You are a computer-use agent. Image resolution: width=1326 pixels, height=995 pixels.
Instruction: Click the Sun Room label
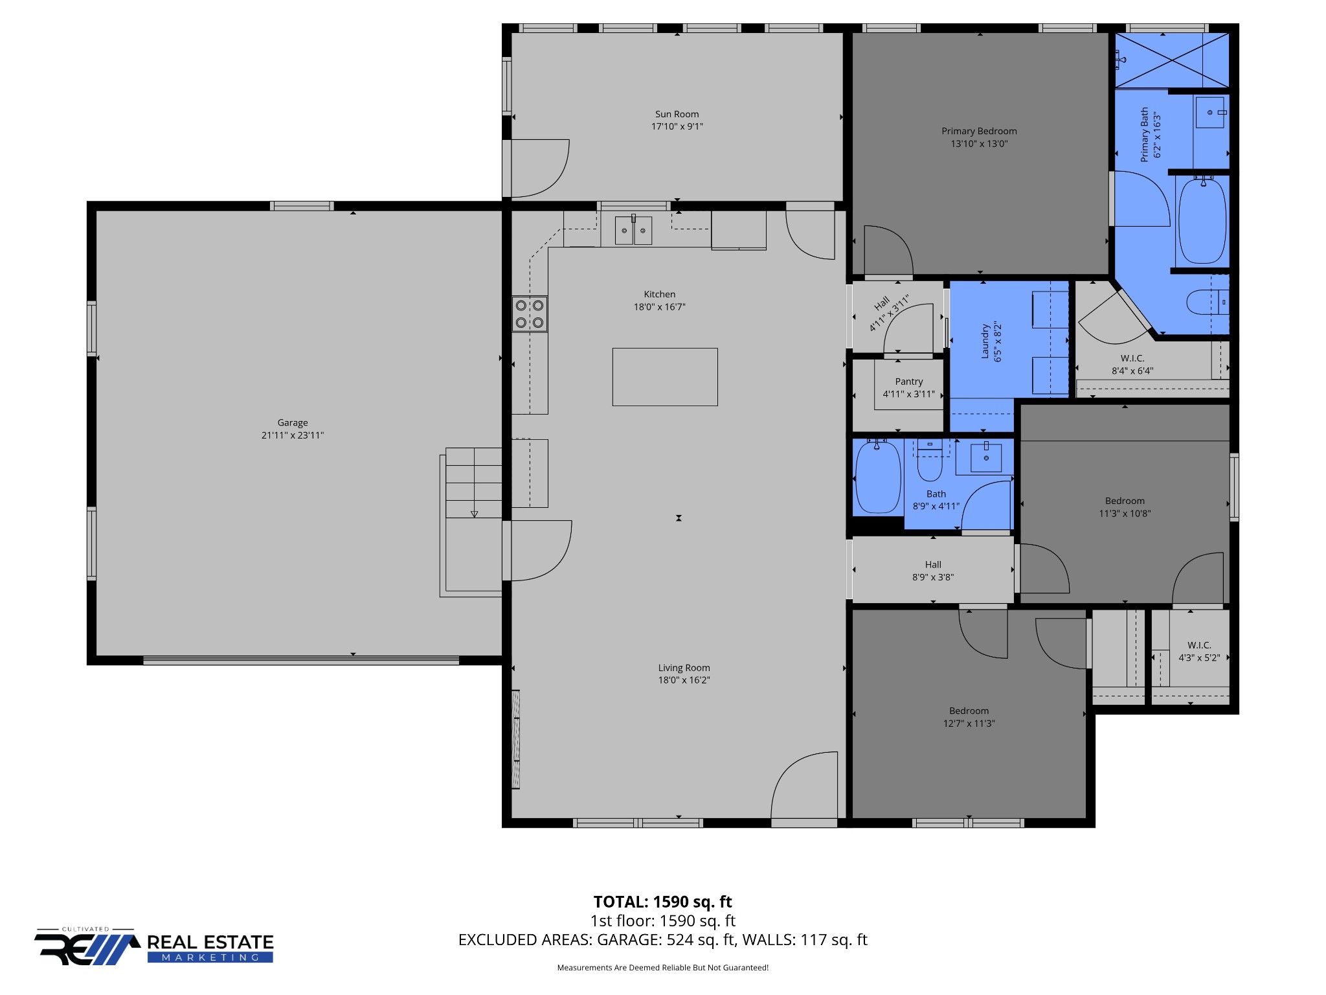coord(677,114)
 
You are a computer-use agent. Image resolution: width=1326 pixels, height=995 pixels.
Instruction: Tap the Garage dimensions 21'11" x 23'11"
coord(292,435)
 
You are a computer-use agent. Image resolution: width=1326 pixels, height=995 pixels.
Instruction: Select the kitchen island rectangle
coord(665,377)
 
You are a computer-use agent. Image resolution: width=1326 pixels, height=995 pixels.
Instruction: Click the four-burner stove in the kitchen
coord(530,314)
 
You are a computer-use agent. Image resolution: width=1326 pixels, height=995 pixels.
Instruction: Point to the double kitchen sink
coord(633,230)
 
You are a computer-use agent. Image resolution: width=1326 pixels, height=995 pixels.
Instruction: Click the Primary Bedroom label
coord(979,131)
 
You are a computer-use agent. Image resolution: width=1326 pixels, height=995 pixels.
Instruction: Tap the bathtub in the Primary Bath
coord(1202,221)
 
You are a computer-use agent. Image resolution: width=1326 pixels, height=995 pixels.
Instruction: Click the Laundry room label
coord(985,342)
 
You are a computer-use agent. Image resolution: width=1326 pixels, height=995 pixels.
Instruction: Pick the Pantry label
coord(909,382)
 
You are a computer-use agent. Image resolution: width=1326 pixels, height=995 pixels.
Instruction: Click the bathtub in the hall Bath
coord(878,477)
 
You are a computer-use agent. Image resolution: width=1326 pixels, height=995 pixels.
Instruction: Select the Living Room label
coord(684,668)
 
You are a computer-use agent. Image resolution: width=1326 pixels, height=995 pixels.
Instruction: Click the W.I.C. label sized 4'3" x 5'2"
coord(1199,645)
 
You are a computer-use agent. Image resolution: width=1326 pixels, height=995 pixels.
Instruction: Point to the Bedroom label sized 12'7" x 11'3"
coord(969,711)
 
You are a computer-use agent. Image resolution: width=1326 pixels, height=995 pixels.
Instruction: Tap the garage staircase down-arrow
coord(474,514)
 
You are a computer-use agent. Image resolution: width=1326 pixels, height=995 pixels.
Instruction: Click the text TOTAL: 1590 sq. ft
coord(662,902)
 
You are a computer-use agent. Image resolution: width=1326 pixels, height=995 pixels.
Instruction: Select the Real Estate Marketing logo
coord(154,948)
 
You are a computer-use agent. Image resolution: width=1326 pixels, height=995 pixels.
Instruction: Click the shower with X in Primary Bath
coord(1171,60)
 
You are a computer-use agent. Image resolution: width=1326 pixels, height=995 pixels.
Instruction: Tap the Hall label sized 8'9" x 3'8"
coord(933,564)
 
